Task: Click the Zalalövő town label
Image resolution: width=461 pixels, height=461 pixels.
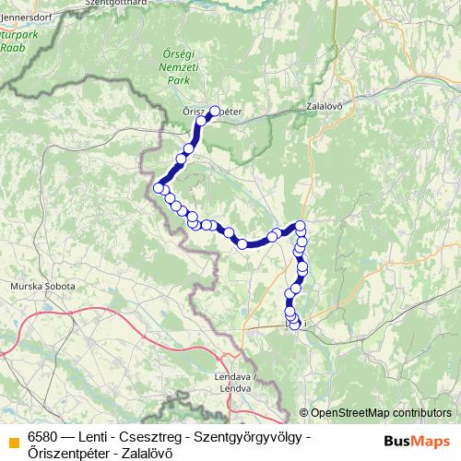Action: pos(324,106)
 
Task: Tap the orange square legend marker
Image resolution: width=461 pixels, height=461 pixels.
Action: pos(12,442)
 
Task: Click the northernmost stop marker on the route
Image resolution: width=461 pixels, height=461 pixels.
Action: pos(216,112)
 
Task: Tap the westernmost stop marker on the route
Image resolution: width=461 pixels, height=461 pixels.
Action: pos(159,188)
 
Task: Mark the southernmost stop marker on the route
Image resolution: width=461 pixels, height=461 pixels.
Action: pos(295,325)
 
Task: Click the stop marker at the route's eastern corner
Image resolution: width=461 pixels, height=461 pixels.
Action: pos(300,226)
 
